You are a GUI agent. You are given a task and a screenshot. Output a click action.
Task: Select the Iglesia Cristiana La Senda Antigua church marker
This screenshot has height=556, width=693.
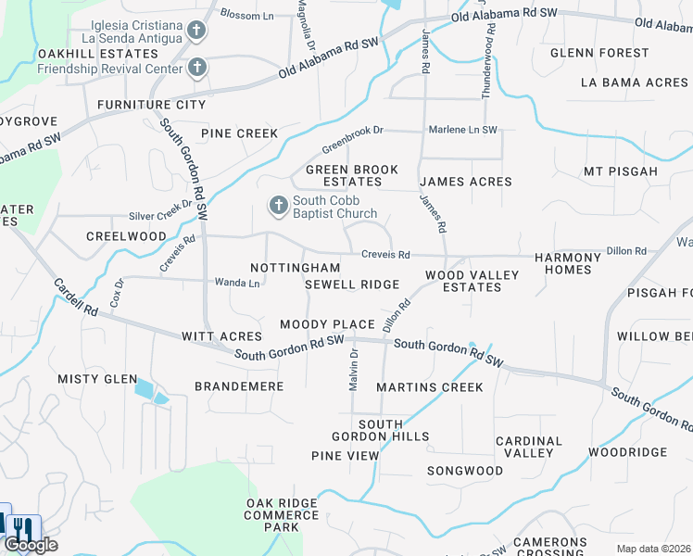click(x=196, y=31)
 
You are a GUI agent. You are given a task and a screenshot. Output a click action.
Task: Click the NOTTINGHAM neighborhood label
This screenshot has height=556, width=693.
click(x=289, y=268)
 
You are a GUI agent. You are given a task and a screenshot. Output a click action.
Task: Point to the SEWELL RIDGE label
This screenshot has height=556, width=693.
click(x=352, y=284)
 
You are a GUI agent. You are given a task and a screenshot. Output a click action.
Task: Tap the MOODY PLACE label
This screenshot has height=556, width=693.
click(x=327, y=324)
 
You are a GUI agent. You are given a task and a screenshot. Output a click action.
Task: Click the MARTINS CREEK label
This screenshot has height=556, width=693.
click(x=430, y=387)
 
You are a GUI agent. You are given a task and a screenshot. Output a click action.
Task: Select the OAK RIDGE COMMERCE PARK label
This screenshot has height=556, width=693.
click(x=281, y=515)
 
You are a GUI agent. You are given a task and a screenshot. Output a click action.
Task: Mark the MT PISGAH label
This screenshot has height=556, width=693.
click(x=621, y=171)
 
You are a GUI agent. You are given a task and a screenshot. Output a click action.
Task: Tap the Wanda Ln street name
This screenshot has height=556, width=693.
click(x=236, y=282)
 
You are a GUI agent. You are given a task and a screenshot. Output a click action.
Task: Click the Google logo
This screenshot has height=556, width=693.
click(x=31, y=545)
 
